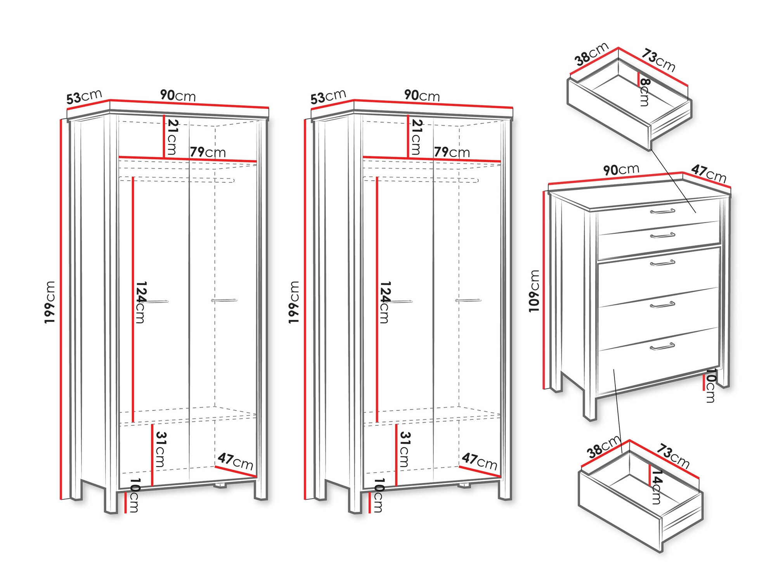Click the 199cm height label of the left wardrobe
pos(50,302)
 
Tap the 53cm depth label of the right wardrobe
pos(328,97)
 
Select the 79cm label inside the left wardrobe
pos(208,152)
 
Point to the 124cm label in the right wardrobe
pos(384,302)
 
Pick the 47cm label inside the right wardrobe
pos(479,461)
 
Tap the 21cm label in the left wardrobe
pos(171,137)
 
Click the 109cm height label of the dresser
pos(534,291)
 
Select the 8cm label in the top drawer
pos(644,92)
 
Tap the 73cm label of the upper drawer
pos(658,60)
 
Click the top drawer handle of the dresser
pos(663,211)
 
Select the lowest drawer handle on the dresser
pos(663,346)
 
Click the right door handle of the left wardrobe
pos(224,300)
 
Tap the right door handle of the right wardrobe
pos(468,300)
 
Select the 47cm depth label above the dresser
pos(708,173)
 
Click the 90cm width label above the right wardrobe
pos(422,95)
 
